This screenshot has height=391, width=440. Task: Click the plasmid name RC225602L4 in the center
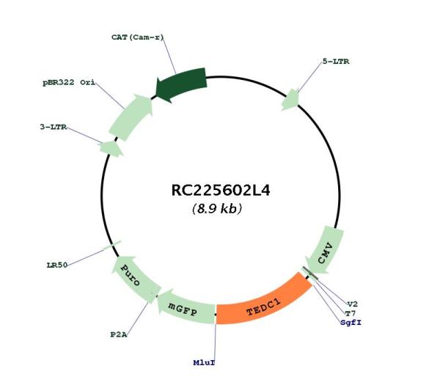[x=221, y=191]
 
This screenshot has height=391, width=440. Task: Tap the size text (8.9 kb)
[x=217, y=208]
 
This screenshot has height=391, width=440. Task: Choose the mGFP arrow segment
[x=186, y=307]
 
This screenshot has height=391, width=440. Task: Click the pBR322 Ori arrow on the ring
[x=131, y=117]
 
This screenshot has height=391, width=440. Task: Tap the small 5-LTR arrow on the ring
[x=291, y=100]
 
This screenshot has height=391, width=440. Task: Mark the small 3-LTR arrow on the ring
[x=111, y=148]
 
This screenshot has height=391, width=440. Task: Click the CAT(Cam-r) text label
[x=137, y=37]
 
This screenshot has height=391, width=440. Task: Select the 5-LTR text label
[x=336, y=62]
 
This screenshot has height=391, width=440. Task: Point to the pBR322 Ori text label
[x=69, y=83]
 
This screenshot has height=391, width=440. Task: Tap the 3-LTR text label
[x=54, y=127]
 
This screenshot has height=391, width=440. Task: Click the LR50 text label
[x=57, y=265]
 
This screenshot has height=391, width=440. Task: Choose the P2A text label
[x=118, y=335]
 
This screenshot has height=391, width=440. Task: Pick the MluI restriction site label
[x=204, y=362]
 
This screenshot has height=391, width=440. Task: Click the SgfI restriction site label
[x=351, y=323]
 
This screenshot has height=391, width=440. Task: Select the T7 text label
[x=351, y=313]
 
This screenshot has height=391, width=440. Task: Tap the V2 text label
[x=353, y=304]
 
